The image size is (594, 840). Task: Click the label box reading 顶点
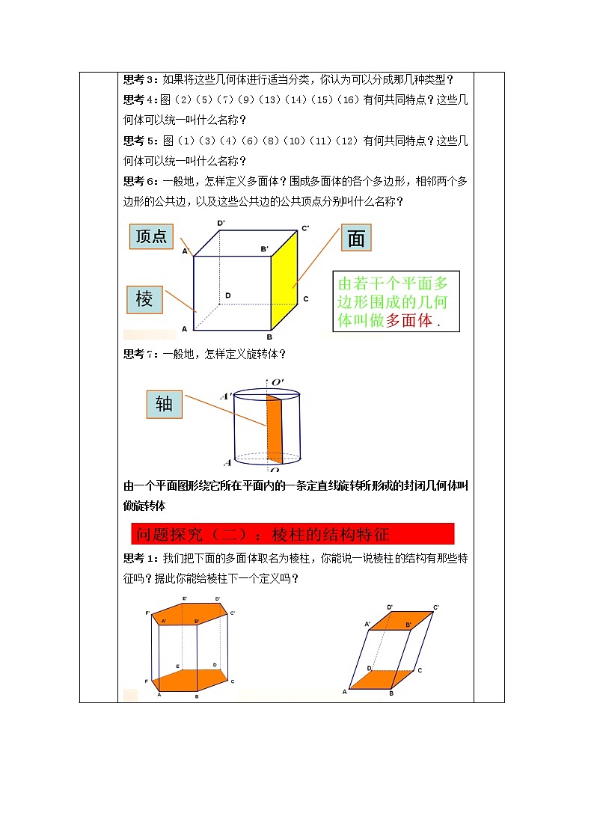[x=151, y=236]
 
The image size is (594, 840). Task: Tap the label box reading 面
[x=356, y=238]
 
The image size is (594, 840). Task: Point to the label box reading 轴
[x=164, y=404]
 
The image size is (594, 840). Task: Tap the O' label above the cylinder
[x=277, y=383]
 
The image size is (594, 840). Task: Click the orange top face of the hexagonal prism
[x=192, y=610]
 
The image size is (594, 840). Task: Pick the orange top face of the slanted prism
[x=400, y=621]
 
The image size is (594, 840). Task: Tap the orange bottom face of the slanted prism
[x=382, y=679]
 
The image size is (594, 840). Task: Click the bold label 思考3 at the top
[x=137, y=79]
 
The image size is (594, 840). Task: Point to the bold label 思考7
[x=137, y=354]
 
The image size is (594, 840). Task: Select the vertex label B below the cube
[x=269, y=336]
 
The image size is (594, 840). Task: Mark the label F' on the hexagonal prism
[x=148, y=613]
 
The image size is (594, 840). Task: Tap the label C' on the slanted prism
[x=436, y=607]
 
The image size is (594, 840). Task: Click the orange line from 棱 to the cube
[x=180, y=301]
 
